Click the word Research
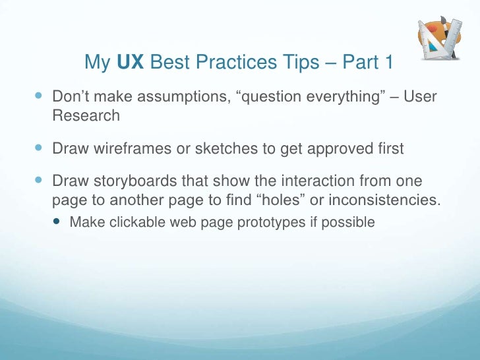[86, 116]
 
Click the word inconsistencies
[379, 200]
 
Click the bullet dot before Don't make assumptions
[39, 96]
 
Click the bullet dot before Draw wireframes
[39, 148]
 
